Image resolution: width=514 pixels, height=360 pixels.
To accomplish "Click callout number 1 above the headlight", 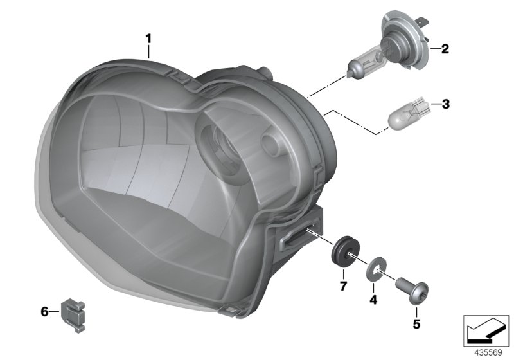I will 148,39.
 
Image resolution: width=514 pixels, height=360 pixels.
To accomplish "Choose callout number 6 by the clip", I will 44,312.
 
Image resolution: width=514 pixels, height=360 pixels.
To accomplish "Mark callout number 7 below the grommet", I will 343,285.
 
